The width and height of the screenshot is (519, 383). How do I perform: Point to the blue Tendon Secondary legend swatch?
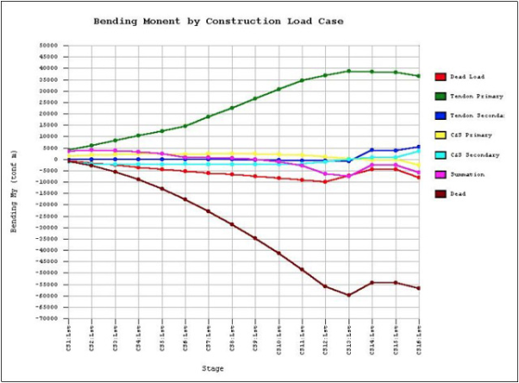(441, 116)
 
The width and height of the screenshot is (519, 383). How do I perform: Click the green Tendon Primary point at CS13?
(349, 72)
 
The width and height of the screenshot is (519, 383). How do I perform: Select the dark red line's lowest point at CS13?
(349, 295)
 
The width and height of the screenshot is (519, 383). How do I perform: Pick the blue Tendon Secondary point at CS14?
(372, 150)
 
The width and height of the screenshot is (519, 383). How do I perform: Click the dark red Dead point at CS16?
(419, 288)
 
